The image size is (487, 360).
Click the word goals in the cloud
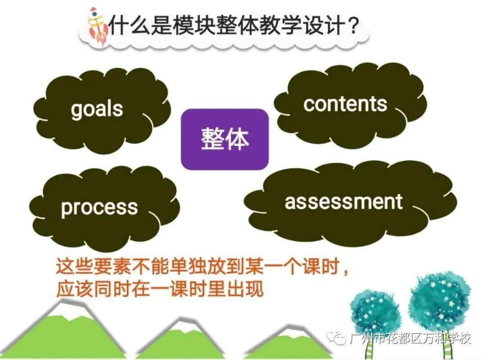click(96, 109)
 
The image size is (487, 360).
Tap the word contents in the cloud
click(345, 104)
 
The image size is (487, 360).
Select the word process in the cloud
click(99, 208)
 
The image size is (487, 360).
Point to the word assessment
click(343, 201)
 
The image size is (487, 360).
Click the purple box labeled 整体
click(225, 139)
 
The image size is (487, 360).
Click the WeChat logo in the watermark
click(341, 338)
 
